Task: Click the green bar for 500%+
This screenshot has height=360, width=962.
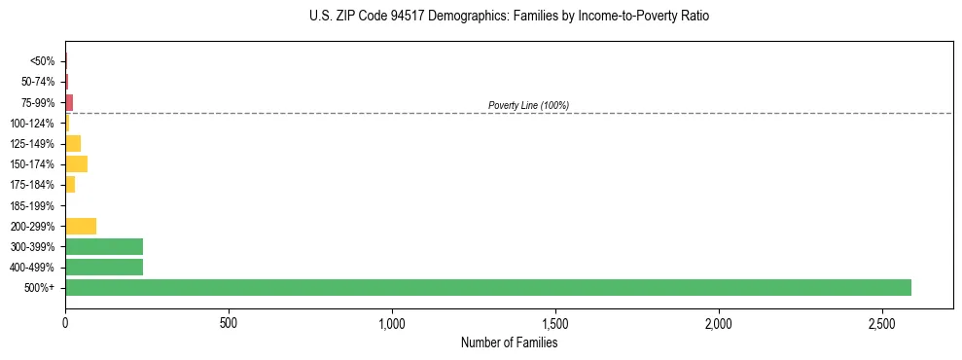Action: coord(487,287)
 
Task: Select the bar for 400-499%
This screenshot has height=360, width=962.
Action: coord(104,267)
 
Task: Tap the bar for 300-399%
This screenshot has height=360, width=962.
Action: coord(104,246)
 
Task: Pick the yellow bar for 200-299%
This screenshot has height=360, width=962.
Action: coord(81,226)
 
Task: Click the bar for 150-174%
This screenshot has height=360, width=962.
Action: coord(76,163)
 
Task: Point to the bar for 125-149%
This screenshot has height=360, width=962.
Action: coord(73,143)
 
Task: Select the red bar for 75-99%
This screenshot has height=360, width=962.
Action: coord(69,102)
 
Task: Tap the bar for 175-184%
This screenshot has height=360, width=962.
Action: coord(70,184)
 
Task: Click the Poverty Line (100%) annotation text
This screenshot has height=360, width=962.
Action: coord(528,105)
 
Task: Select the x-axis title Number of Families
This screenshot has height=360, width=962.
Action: coord(509,342)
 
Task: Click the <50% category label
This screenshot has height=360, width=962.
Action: coord(43,61)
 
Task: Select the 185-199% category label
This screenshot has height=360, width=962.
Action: coord(33,205)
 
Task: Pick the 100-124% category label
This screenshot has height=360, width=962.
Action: coord(33,123)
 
